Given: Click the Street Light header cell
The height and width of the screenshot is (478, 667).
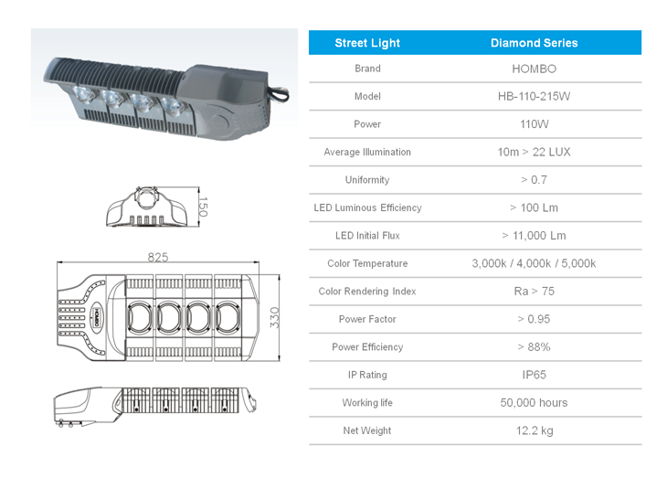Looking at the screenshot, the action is click(x=367, y=43).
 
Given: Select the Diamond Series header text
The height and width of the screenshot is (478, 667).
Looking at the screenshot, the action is click(x=534, y=43).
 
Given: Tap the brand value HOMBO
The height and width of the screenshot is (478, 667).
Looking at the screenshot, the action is click(x=534, y=69).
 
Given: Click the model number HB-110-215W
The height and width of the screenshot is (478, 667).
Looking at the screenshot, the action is click(x=534, y=96).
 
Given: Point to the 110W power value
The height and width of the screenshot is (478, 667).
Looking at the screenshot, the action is click(x=534, y=124).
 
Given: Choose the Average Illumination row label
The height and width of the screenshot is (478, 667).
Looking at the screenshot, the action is click(x=367, y=152).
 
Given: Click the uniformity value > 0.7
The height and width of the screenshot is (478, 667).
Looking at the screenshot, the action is click(x=534, y=180).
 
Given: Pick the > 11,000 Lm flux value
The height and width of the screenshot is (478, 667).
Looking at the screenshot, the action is click(x=534, y=236).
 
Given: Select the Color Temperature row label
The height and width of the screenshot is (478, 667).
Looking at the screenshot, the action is click(x=367, y=263).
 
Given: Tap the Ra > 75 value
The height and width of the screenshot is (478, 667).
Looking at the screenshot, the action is click(x=534, y=292).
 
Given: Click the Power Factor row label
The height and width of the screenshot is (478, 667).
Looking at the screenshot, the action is click(x=367, y=319).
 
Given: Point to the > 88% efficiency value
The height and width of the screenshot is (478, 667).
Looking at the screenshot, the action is click(x=534, y=347).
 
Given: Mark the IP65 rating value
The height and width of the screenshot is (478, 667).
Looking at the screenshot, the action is click(x=534, y=375).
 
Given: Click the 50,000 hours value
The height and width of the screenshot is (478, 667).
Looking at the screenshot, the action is click(x=534, y=403).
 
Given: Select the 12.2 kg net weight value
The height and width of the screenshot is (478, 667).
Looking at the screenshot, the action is click(x=535, y=430).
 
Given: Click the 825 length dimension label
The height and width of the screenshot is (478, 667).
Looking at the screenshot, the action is click(x=158, y=257).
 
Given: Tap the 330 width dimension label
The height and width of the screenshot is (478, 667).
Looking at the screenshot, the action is click(x=275, y=317).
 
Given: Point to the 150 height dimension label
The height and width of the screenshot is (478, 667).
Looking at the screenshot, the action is click(x=203, y=207).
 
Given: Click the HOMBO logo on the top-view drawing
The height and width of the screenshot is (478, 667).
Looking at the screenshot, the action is click(x=97, y=317).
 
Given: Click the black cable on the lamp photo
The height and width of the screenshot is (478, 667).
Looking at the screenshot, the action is click(x=280, y=93).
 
